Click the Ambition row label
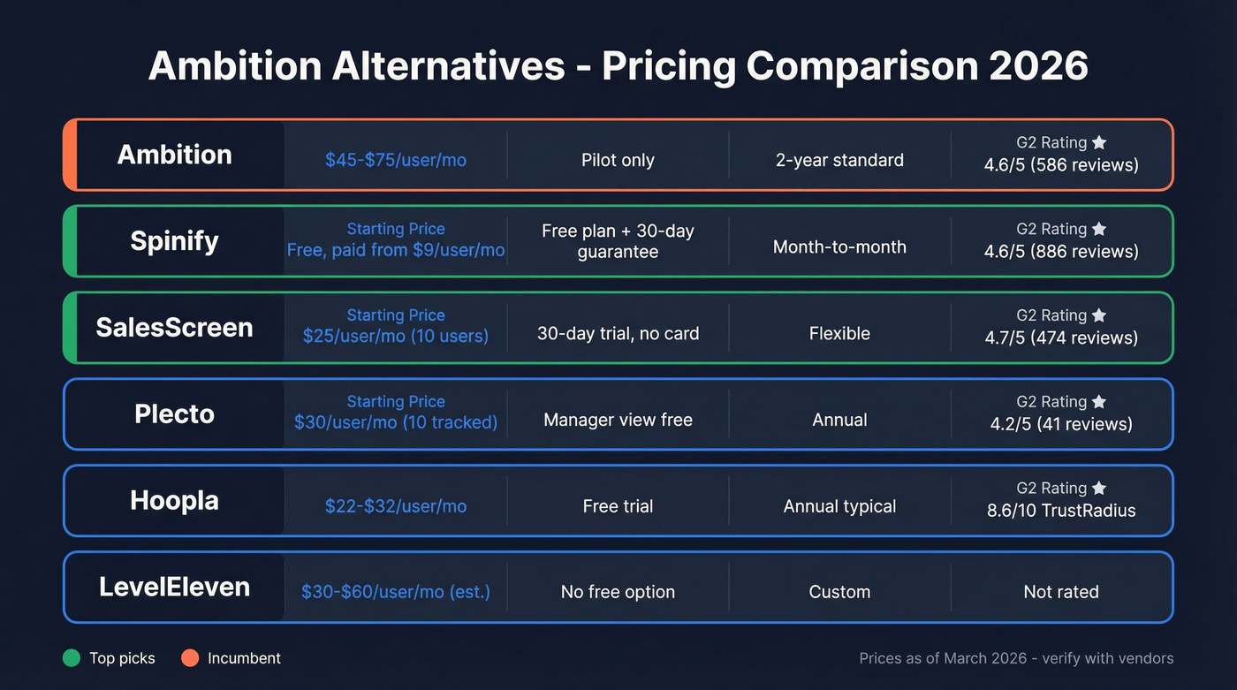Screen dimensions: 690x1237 click(x=174, y=155)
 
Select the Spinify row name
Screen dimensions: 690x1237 click(x=174, y=241)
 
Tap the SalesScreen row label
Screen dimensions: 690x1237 click(x=174, y=328)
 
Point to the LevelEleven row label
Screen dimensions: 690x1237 click(x=174, y=587)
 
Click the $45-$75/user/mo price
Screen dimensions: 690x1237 click(x=395, y=160)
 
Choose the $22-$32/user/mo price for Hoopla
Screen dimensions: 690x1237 click(x=395, y=506)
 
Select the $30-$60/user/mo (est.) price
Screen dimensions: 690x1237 click(x=395, y=592)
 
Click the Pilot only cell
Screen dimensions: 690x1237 click(x=618, y=160)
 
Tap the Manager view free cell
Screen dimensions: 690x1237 click(x=618, y=420)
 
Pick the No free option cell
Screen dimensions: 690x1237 click(x=618, y=592)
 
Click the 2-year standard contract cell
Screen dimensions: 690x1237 click(x=839, y=160)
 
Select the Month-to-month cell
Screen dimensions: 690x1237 click(x=839, y=246)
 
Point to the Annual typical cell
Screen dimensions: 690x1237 click(x=839, y=506)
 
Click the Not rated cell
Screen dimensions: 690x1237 click(x=1060, y=592)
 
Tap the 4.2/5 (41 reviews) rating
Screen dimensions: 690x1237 click(x=1060, y=424)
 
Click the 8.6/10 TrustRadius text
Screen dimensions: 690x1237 click(x=1060, y=511)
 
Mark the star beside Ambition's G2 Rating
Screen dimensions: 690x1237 click(x=1099, y=142)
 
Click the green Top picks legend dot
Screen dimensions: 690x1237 click(x=72, y=658)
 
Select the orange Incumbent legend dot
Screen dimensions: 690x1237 click(x=190, y=658)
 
